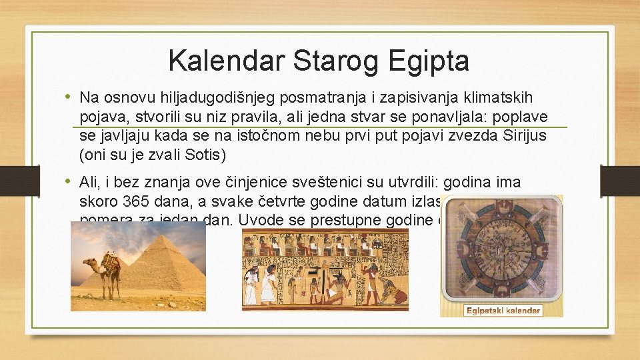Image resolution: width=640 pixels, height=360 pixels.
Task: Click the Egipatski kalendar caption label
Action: click(494, 311)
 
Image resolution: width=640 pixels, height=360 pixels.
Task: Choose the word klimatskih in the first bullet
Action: click(502, 98)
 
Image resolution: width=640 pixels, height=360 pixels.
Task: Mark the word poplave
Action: click(523, 117)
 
